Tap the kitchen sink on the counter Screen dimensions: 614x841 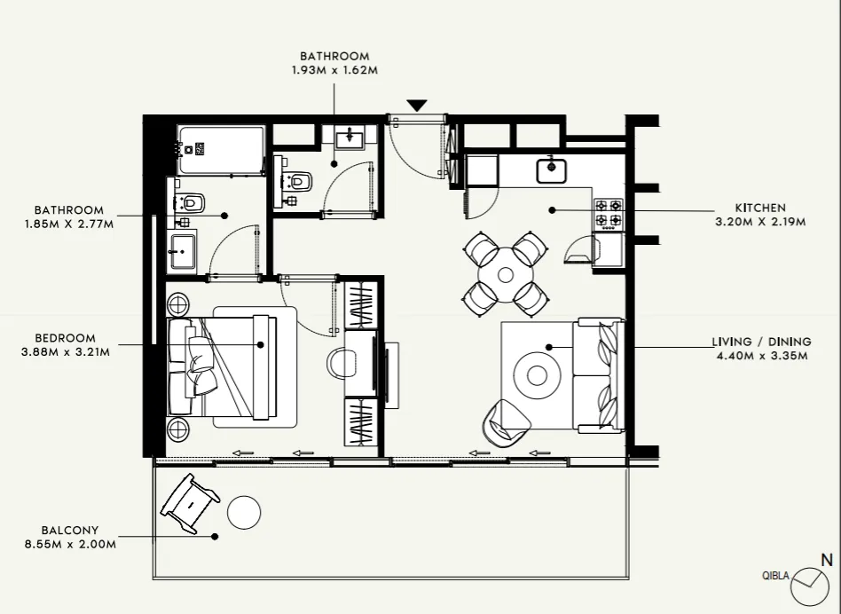click(x=552, y=169)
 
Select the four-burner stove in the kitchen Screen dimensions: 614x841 click(x=609, y=213)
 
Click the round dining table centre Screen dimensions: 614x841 click(x=506, y=274)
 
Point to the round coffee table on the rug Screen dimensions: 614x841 click(x=538, y=375)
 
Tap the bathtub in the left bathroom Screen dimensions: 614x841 click(x=221, y=150)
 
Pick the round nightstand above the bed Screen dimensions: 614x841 click(x=178, y=304)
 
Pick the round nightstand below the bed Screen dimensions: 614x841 click(x=178, y=430)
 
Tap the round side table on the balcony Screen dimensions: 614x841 click(x=244, y=512)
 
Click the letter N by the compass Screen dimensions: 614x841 click(x=827, y=560)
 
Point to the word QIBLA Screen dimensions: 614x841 click(x=775, y=575)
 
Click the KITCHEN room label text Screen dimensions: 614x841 click(x=760, y=208)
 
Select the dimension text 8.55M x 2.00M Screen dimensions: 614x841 click(x=71, y=544)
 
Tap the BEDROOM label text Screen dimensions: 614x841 click(x=66, y=338)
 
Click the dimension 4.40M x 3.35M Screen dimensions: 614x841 click(x=760, y=356)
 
